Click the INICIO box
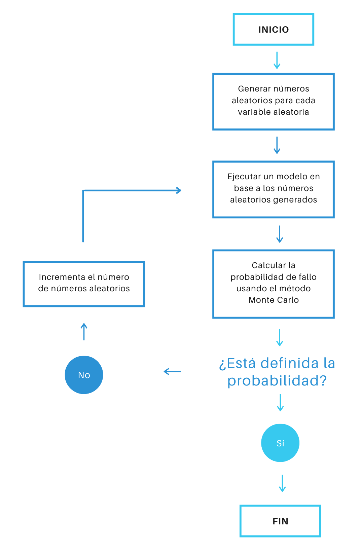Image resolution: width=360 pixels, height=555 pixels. point(273,30)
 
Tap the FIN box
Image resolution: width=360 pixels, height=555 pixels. point(280,521)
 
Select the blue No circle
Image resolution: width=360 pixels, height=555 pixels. point(84,375)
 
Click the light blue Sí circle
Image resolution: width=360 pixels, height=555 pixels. point(280,443)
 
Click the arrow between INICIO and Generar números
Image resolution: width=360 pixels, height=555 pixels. point(277,61)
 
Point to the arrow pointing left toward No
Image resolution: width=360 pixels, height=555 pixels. point(172,371)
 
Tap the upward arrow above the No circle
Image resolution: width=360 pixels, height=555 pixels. point(84,332)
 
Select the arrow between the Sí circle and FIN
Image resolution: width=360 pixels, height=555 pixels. point(282,483)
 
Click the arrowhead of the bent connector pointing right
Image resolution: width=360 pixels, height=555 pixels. point(178,190)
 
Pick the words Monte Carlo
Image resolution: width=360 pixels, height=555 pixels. point(274,300)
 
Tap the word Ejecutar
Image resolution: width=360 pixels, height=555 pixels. point(244,177)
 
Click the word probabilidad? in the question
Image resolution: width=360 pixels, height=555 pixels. point(277,381)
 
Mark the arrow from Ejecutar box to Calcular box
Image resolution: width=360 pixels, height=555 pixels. point(280,234)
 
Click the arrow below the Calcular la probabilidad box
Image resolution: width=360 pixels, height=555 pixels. point(280,338)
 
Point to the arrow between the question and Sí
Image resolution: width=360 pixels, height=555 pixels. point(280,403)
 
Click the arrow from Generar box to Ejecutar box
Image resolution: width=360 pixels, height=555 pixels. point(277,145)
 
